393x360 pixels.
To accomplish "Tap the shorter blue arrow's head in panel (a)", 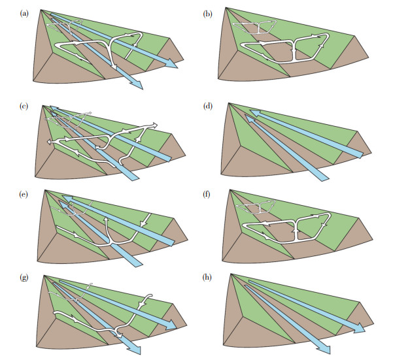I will point(139,86).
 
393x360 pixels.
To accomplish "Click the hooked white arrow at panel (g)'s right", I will point(148,301).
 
